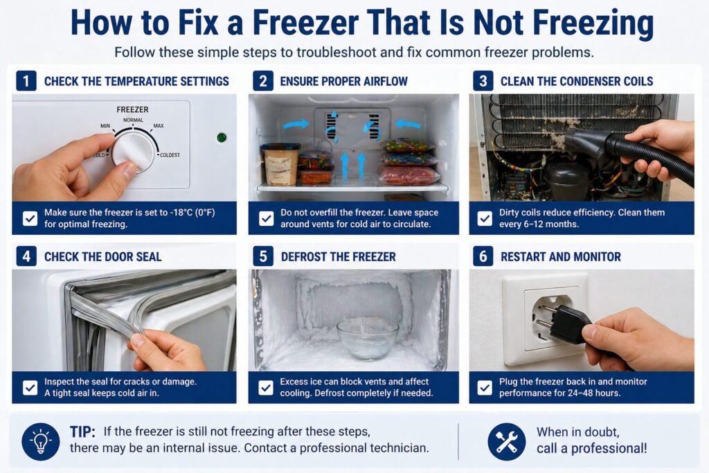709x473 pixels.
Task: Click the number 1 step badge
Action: [26, 81]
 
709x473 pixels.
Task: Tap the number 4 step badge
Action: [26, 256]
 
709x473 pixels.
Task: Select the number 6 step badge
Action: [483, 256]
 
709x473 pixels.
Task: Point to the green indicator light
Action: [222, 138]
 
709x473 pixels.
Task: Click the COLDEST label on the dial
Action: [170, 155]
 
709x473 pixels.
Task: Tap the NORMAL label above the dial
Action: [133, 120]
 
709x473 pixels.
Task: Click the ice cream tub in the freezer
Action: [280, 164]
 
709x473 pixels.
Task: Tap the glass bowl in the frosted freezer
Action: [368, 337]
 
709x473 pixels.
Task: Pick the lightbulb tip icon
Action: [41, 442]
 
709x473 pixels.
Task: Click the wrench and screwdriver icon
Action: [506, 442]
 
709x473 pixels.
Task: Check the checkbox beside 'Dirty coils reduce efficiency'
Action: [485, 218]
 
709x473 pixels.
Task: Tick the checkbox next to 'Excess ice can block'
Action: [266, 388]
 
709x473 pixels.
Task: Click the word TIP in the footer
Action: [82, 432]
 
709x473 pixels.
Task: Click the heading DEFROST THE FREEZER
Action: [338, 257]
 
